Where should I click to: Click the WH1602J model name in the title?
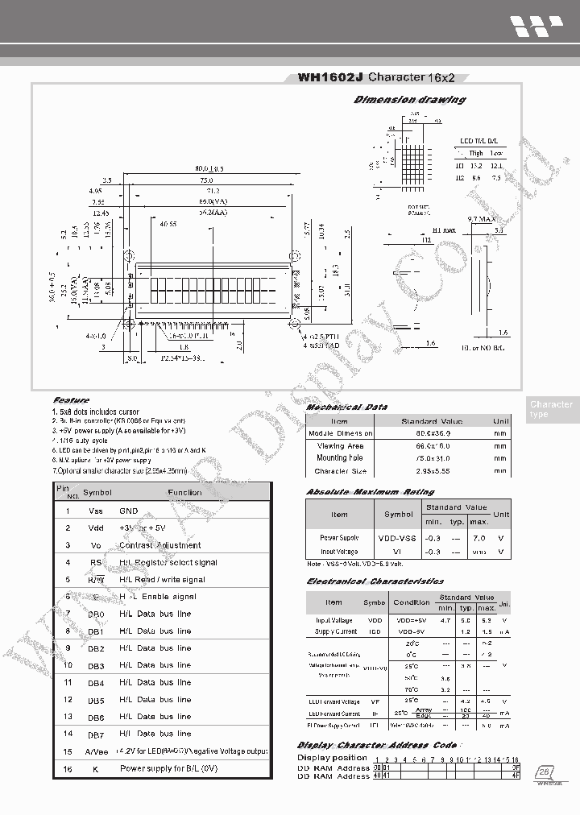(330, 77)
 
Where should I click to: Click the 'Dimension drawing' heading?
(409, 100)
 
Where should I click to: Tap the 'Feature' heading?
(71, 399)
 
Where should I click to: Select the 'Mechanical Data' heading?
(346, 407)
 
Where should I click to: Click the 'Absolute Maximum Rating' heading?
(370, 491)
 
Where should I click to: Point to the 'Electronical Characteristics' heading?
(375, 581)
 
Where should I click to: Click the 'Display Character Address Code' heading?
(377, 745)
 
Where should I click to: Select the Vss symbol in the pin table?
(95, 511)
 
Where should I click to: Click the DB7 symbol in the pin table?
(96, 734)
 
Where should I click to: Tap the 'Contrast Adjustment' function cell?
(159, 545)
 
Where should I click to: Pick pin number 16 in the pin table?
(68, 768)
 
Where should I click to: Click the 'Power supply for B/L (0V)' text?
(169, 768)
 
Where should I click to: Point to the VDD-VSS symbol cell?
(397, 537)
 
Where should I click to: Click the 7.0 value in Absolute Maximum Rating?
(478, 537)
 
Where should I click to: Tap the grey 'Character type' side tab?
(552, 409)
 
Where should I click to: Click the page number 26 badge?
(543, 771)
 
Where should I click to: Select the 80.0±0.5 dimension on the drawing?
(208, 168)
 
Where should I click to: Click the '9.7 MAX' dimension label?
(481, 219)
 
